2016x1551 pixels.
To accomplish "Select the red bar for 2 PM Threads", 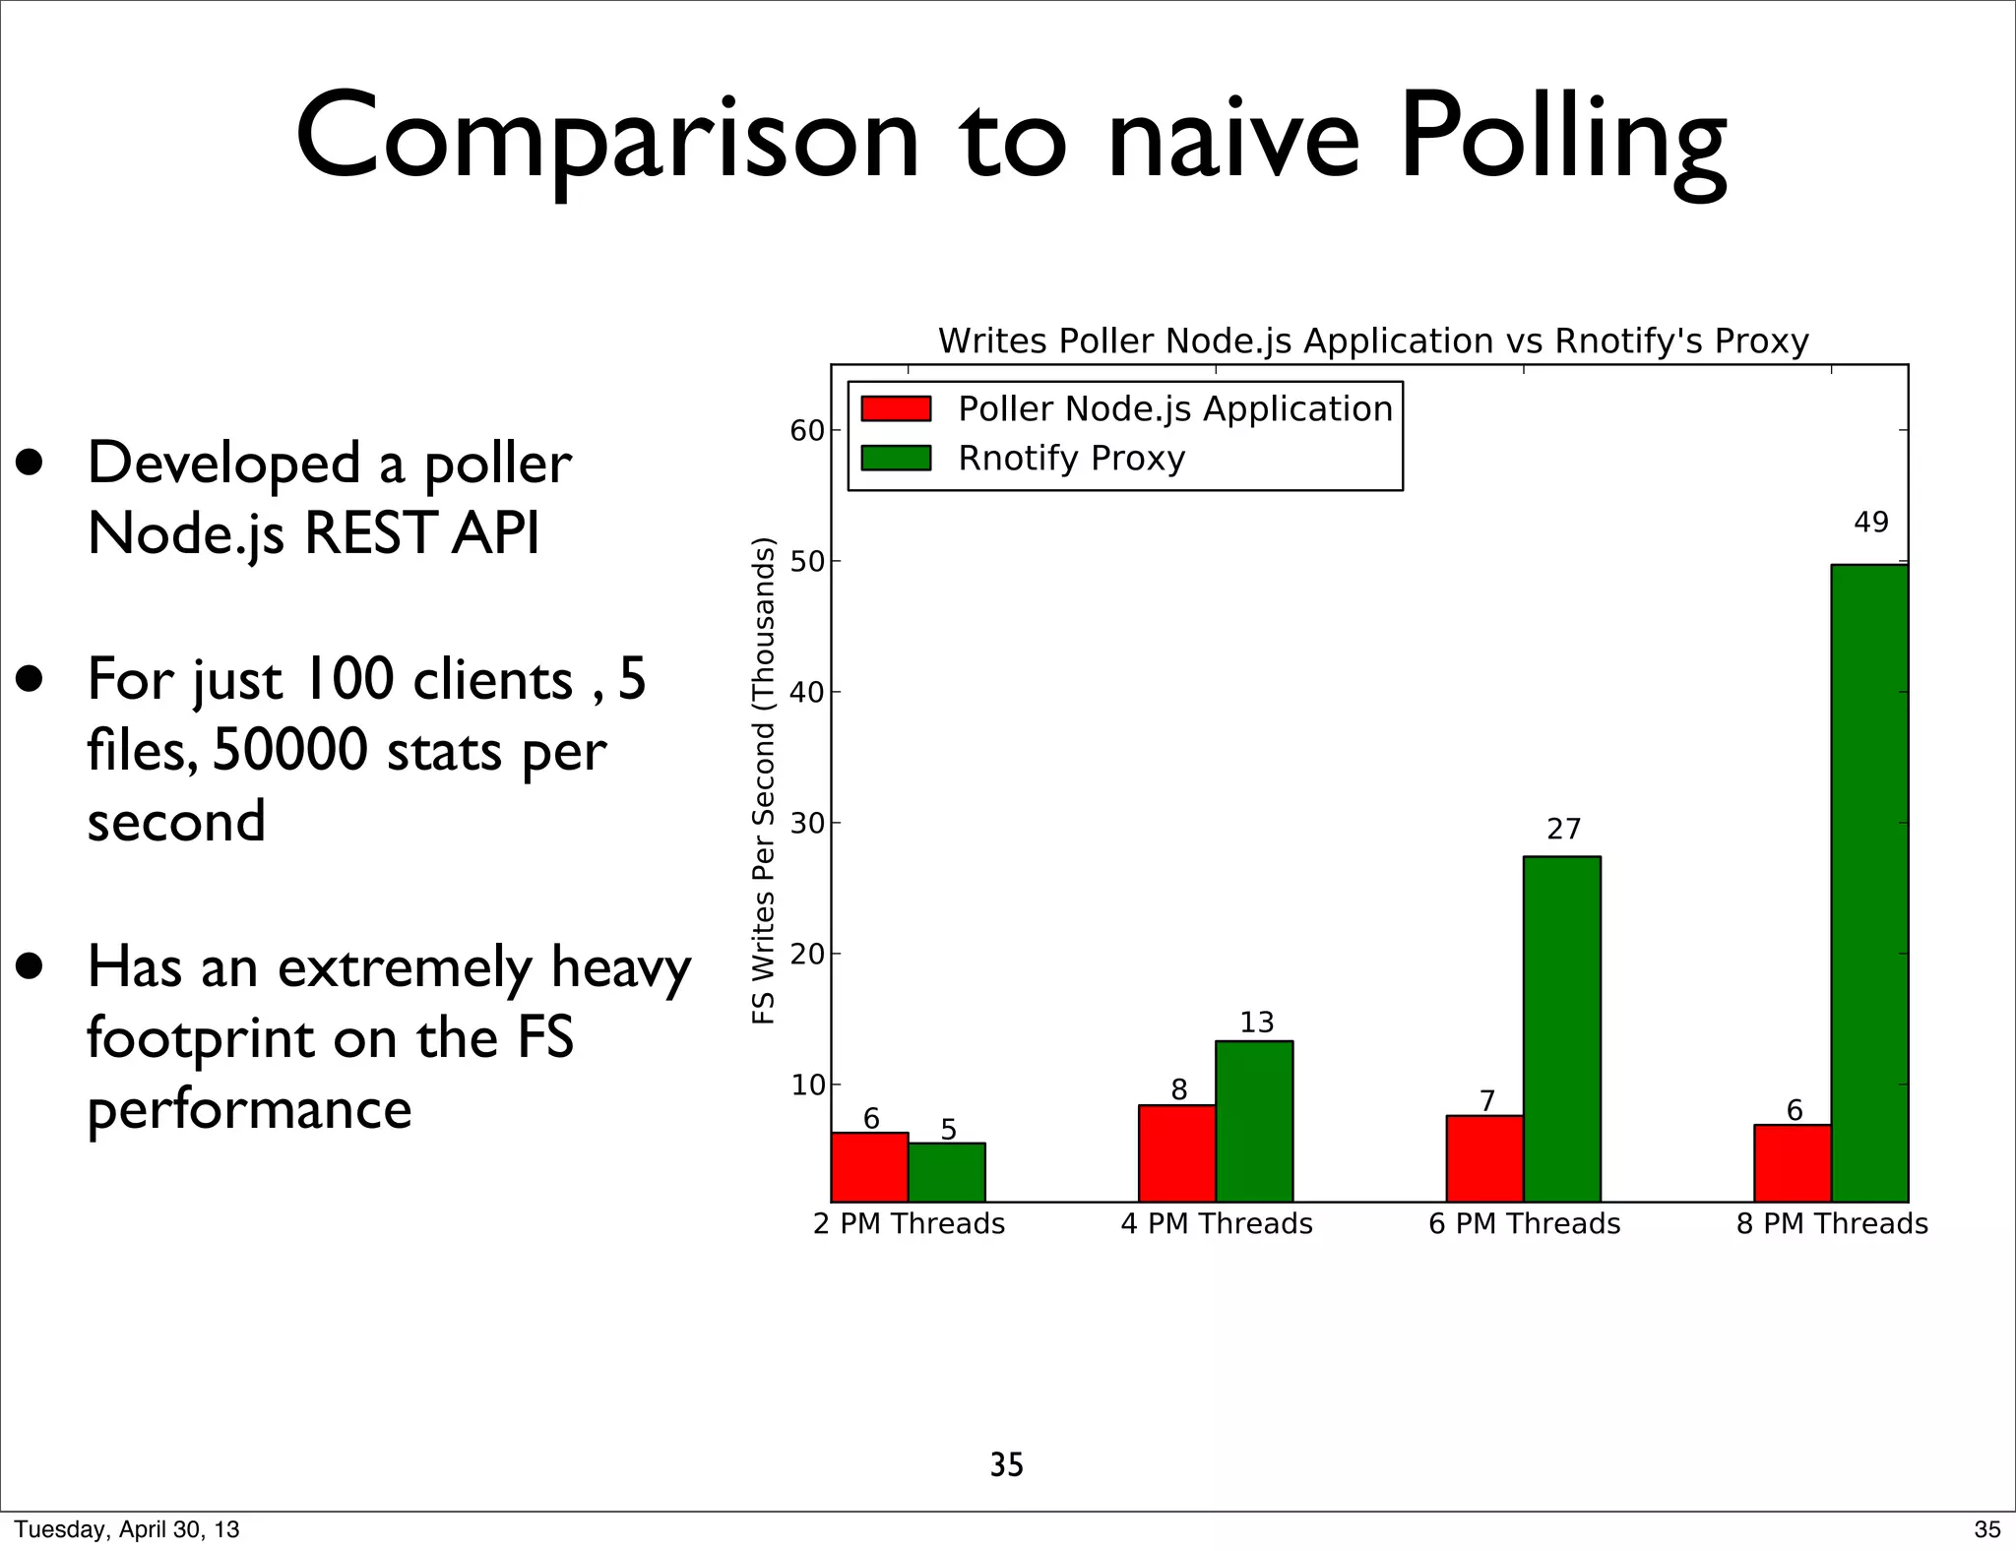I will [x=869, y=1167].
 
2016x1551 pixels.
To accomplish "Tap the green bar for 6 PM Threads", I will [x=1561, y=1028].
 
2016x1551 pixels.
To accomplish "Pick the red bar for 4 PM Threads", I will [x=1176, y=1152].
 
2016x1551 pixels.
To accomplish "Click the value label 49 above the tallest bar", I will [x=1870, y=523].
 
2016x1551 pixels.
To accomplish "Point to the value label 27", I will [x=1563, y=830].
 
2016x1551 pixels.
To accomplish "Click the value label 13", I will [x=1256, y=1023].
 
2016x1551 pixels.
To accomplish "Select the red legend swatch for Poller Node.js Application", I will [x=896, y=408].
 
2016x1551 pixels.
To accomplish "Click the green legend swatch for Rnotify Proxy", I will [x=896, y=458].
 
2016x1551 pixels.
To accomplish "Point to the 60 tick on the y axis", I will [x=807, y=431].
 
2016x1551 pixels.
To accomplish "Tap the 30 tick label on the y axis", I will [x=807, y=824].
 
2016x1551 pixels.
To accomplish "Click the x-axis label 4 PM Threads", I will [x=1217, y=1224].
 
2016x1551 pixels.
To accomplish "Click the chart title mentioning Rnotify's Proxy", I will [x=1373, y=341].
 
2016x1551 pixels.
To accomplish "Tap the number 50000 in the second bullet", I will [x=290, y=750].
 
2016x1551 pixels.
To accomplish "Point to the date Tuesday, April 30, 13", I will [x=126, y=1529].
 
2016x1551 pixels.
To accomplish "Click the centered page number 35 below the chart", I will [x=1006, y=1465].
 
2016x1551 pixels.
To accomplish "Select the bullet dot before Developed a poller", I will [x=30, y=463].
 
